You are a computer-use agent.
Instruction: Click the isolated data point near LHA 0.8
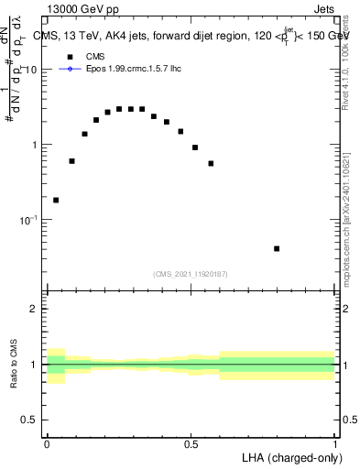[x=277, y=248]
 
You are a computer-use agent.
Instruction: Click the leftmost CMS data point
[x=56, y=200]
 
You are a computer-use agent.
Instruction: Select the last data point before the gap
[x=211, y=163]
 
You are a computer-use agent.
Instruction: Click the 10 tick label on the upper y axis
[x=31, y=71]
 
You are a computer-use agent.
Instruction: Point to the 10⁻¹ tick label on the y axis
[x=29, y=220]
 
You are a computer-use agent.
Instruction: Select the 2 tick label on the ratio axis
[x=36, y=309]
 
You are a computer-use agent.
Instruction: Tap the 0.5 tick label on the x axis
[x=191, y=442]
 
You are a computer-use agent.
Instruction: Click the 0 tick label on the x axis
[x=47, y=442]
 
